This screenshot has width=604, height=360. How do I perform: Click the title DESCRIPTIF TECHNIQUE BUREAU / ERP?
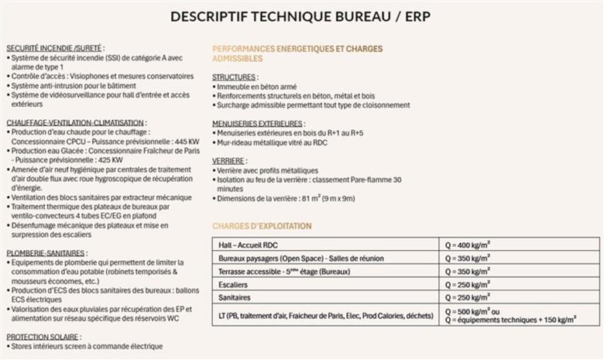[302, 17]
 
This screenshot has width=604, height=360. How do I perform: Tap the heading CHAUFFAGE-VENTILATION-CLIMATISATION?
[75, 122]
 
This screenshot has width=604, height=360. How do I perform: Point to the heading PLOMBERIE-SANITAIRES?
[46, 253]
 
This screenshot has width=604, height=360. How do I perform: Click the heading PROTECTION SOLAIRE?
[41, 337]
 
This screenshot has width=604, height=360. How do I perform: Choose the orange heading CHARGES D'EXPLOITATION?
[262, 226]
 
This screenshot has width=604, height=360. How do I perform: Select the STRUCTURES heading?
[234, 77]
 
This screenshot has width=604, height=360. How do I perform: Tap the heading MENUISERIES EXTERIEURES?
[258, 123]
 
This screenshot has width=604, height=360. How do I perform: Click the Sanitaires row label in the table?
[238, 298]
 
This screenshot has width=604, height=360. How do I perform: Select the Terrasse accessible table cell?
[284, 272]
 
